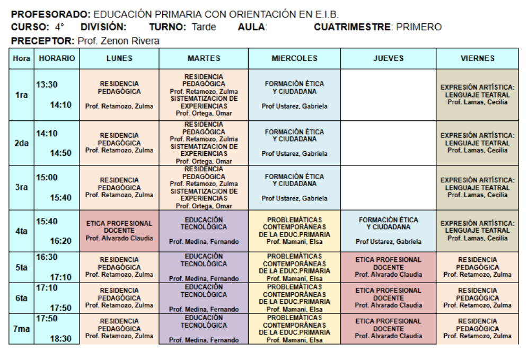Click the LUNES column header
tap(119, 58)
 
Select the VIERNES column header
tap(477, 58)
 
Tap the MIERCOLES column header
tap(294, 58)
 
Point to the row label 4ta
tap(21, 231)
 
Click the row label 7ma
tap(21, 329)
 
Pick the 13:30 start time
tap(47, 85)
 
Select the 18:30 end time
tap(60, 339)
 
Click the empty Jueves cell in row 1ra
tap(388, 95)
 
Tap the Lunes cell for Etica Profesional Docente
tap(119, 231)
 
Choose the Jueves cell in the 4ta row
tap(388, 231)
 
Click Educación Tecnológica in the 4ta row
tap(204, 231)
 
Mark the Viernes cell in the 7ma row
tap(477, 329)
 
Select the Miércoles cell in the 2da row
tap(294, 143)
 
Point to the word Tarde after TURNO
tap(204, 27)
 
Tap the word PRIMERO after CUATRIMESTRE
tap(419, 27)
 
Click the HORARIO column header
tap(57, 58)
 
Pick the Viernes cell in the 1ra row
tap(477, 95)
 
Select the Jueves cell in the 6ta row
tap(388, 298)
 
